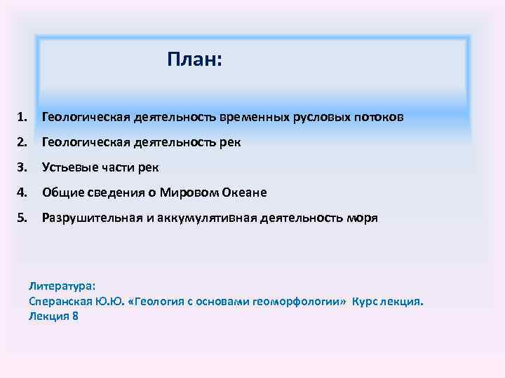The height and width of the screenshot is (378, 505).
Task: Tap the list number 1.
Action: click(x=23, y=117)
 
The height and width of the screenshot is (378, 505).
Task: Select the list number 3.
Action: click(x=23, y=167)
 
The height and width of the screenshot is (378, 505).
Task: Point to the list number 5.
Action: click(x=23, y=218)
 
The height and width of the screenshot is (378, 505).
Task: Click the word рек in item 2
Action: click(x=230, y=142)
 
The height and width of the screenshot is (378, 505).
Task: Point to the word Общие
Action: click(x=62, y=192)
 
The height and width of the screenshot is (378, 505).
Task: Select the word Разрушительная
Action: click(x=89, y=218)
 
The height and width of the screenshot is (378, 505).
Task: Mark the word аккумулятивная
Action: click(x=199, y=218)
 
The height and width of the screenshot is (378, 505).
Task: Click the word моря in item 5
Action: click(x=362, y=218)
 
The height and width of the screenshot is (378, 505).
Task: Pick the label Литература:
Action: click(x=61, y=286)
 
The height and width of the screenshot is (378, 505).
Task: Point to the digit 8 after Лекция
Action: click(x=75, y=316)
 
